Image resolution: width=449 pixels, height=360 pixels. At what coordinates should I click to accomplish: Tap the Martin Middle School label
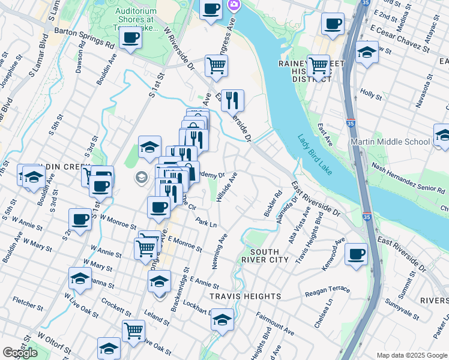pyautogui.click(x=399, y=142)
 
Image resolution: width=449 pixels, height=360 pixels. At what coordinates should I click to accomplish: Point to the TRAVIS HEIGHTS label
pyautogui.click(x=245, y=296)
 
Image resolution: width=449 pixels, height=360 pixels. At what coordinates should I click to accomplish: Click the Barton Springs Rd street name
pyautogui.click(x=84, y=37)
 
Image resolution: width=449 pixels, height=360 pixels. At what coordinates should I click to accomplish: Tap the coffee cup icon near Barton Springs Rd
pyautogui.click(x=130, y=39)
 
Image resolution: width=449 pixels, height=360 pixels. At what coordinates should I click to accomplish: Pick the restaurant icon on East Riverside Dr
pyautogui.click(x=233, y=100)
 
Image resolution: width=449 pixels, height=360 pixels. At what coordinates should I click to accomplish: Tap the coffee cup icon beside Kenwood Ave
pyautogui.click(x=356, y=254)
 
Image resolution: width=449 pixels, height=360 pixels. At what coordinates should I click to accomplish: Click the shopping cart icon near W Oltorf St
pyautogui.click(x=133, y=330)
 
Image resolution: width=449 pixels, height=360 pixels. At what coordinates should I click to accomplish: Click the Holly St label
pyautogui.click(x=371, y=94)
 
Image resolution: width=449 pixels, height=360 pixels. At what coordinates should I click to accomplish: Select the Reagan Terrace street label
pyautogui.click(x=327, y=290)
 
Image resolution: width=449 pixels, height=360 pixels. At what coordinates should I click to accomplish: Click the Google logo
pyautogui.click(x=20, y=353)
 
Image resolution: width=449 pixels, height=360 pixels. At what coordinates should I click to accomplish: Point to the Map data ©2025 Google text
pyautogui.click(x=412, y=355)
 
